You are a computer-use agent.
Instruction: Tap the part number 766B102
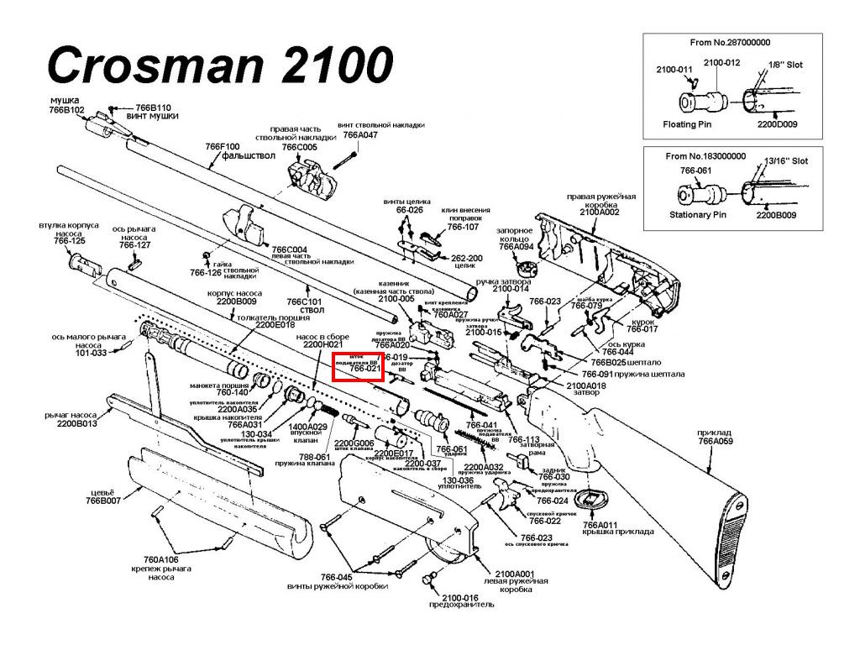coord(67,110)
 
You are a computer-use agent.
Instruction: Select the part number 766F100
coord(223,147)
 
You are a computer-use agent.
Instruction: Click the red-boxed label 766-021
coord(364,369)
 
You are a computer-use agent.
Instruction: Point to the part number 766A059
coord(716,440)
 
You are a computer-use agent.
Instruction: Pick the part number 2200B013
coord(77,424)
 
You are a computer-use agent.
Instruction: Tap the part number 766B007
coord(103,501)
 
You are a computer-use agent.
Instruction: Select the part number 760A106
coord(161,559)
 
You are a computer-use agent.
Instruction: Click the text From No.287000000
coord(730,42)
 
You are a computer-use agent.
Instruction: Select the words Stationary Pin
coord(696,215)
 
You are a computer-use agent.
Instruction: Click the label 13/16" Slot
coord(787,160)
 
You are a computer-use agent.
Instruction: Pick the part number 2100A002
coord(599,212)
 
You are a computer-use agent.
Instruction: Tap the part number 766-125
coord(70,241)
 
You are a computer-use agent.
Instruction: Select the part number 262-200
coord(467,258)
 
